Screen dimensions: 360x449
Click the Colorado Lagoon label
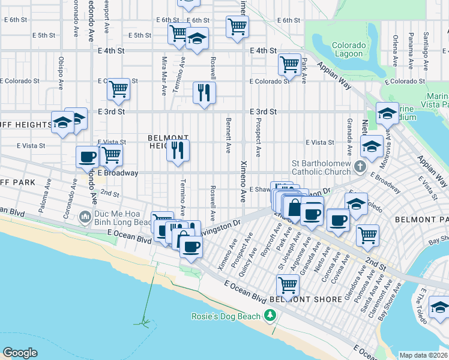pos(348,50)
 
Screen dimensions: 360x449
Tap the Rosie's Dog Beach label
pos(226,316)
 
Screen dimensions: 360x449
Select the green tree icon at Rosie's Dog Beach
pos(271,316)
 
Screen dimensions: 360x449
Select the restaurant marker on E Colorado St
pos(204,92)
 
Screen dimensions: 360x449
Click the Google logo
pos(20,352)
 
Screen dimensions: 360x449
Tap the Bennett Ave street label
pos(228,135)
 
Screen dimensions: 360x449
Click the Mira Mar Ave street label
pos(163,76)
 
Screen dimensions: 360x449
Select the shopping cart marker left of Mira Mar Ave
pos(119,89)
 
